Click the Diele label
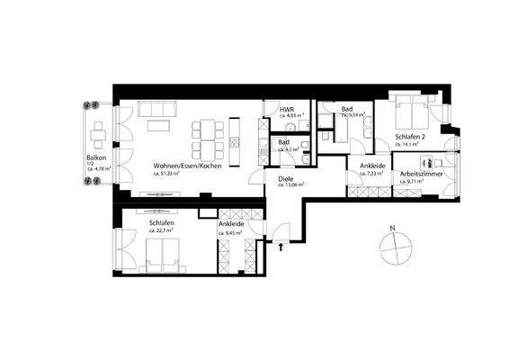coord(285,178)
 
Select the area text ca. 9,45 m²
coord(230,232)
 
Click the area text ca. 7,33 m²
coord(373,174)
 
